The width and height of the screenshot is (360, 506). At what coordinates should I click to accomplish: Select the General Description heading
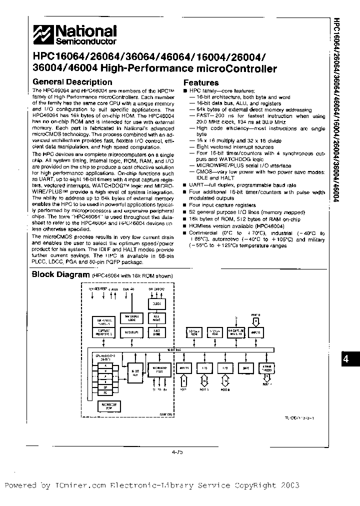72,82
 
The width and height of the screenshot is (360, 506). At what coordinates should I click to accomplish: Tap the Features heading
201,82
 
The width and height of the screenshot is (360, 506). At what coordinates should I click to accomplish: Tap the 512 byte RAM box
214,332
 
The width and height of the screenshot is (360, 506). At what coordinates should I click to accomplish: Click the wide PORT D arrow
256,321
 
